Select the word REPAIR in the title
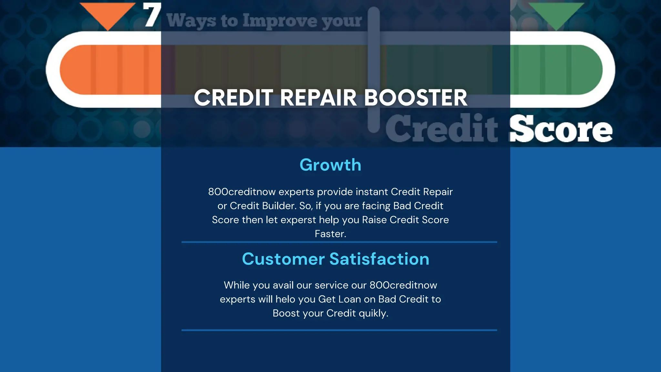pyautogui.click(x=318, y=98)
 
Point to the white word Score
pyautogui.click(x=561, y=129)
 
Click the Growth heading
pyautogui.click(x=330, y=165)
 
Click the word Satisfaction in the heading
pyautogui.click(x=379, y=259)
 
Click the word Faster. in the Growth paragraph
pyautogui.click(x=330, y=234)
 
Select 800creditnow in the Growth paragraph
pyautogui.click(x=242, y=192)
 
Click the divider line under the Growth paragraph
pyautogui.click(x=339, y=242)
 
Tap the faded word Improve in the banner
pyautogui.click(x=280, y=21)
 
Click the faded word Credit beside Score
pyautogui.click(x=442, y=129)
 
